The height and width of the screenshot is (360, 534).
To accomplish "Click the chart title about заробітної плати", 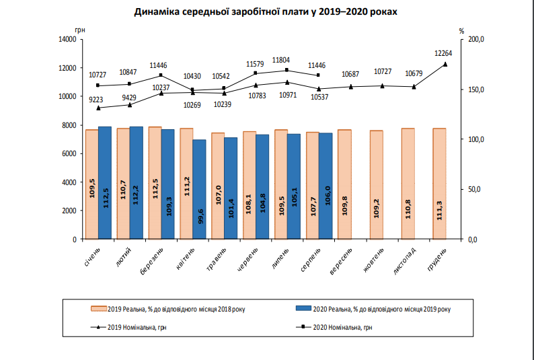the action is (x=266, y=11).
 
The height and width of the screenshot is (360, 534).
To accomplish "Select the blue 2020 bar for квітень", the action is (x=199, y=189).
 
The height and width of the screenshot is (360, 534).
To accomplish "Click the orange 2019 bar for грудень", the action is (x=439, y=184).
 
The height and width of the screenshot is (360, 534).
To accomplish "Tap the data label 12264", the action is (x=443, y=53).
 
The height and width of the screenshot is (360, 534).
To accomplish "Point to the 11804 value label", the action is (x=281, y=61).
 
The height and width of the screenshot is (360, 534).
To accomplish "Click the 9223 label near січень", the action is (x=96, y=100).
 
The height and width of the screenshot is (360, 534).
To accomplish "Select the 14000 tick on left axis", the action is (x=67, y=40).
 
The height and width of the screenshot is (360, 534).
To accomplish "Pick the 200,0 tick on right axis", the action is (x=476, y=40).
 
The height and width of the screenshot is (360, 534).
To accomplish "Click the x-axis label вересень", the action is (x=341, y=261).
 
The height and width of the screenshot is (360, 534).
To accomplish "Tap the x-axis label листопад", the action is (x=405, y=261).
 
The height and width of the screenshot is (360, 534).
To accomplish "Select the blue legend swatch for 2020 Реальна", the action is (x=303, y=309).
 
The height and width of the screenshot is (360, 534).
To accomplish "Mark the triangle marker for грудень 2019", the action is (x=445, y=64).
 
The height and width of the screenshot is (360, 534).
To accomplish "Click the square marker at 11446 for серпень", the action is (x=318, y=75).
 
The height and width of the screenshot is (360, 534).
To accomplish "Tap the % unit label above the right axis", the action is (x=461, y=31).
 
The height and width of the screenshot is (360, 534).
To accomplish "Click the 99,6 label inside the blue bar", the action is (x=200, y=217).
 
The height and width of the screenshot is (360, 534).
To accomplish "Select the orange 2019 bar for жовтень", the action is (x=377, y=185).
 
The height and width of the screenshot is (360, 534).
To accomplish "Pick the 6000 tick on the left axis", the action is (x=69, y=153).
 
